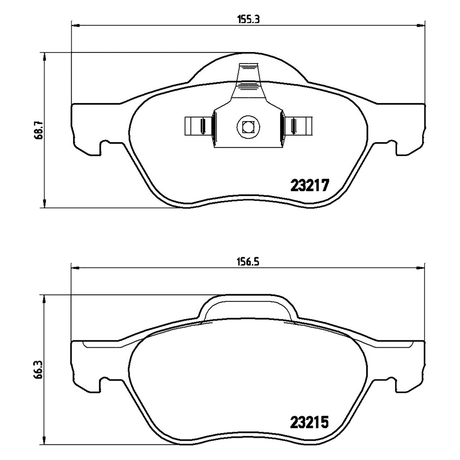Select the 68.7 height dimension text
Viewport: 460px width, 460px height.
[x=39, y=130]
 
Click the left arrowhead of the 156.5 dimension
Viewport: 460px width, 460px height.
[x=75, y=268]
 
